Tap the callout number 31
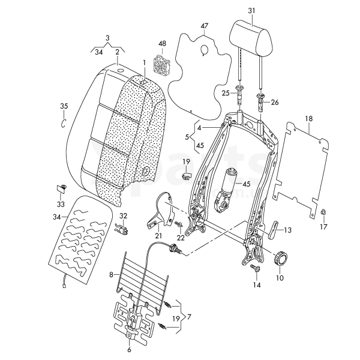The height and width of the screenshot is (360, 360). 251,11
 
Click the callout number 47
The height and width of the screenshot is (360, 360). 205,26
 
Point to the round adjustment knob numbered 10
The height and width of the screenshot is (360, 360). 281,259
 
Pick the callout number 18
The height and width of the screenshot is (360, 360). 308,119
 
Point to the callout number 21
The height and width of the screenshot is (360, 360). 158,236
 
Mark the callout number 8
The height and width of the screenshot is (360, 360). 110,275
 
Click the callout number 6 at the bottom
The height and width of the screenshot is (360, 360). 128,349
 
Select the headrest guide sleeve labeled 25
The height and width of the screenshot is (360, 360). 241,91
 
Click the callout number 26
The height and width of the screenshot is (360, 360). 275,103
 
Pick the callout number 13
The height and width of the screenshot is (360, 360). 288,230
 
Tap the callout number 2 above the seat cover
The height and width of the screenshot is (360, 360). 118,52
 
